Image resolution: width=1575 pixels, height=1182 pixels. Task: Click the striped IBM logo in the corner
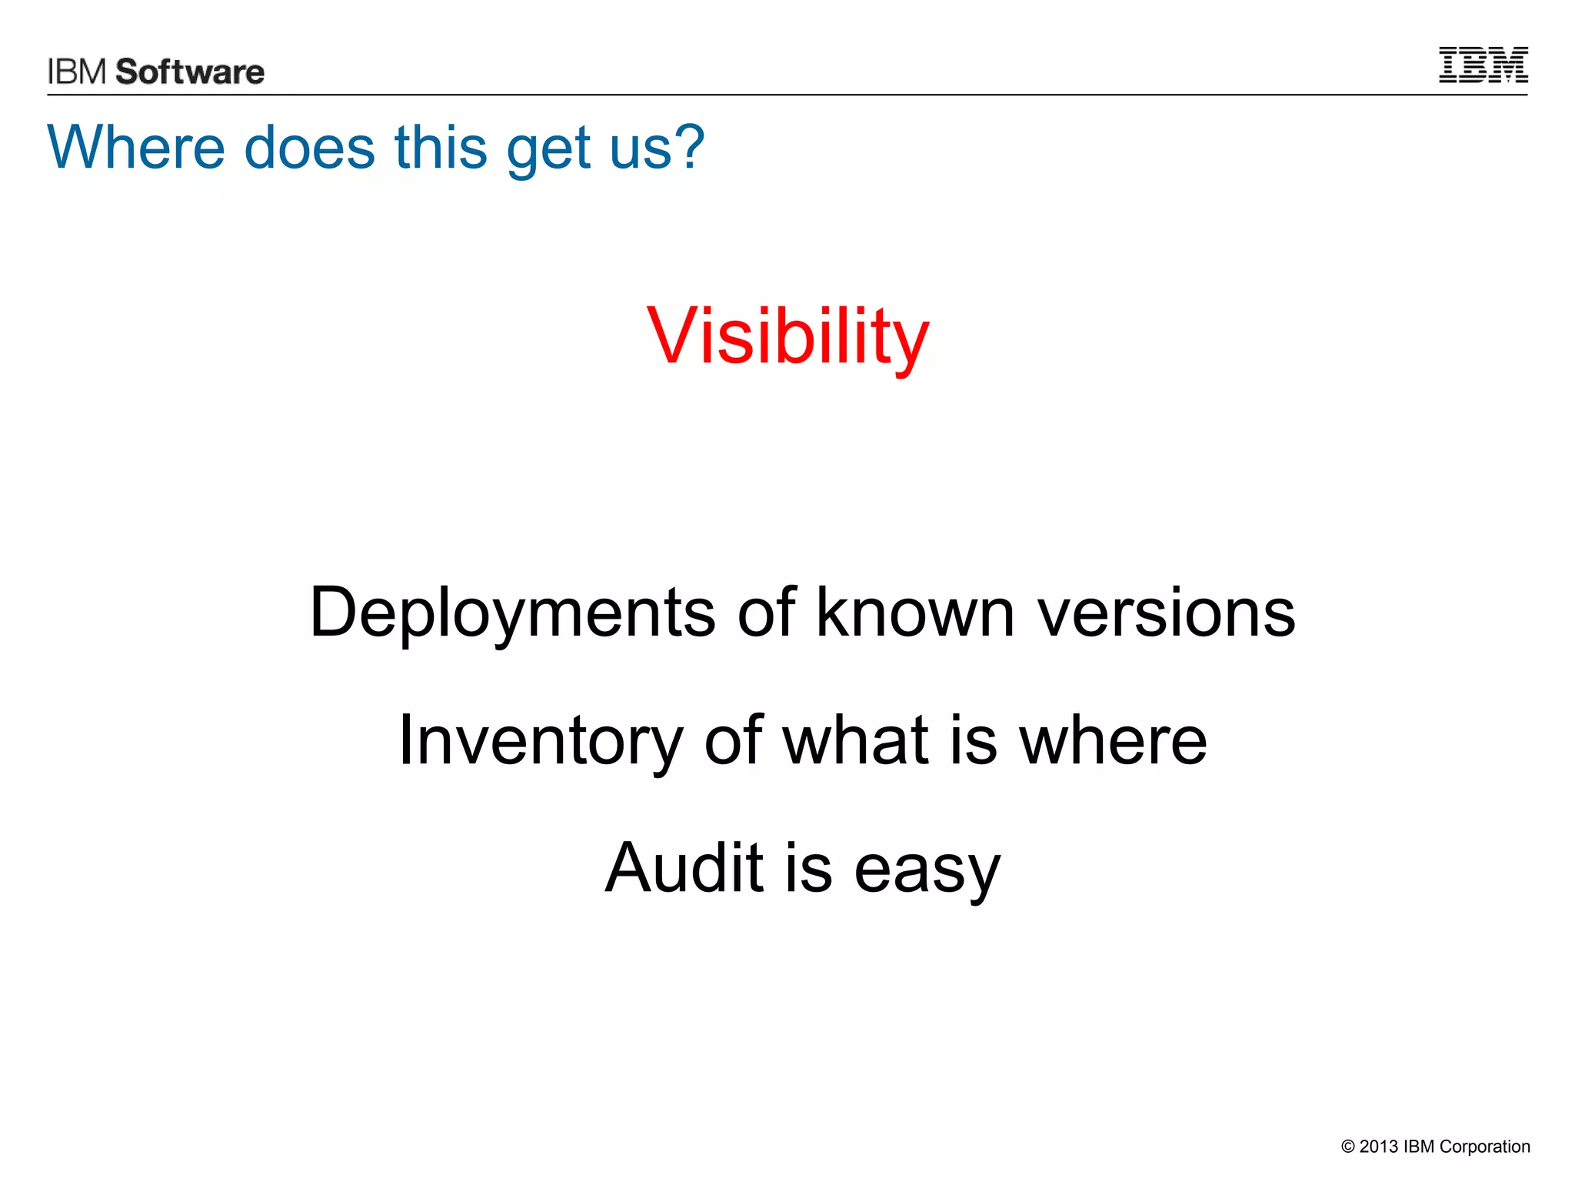pyautogui.click(x=1483, y=65)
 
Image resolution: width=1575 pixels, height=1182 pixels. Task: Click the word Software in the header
pyautogui.click(x=190, y=72)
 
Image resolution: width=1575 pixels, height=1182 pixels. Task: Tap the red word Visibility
pyautogui.click(x=788, y=337)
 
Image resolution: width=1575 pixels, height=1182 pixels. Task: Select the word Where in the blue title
pyautogui.click(x=135, y=147)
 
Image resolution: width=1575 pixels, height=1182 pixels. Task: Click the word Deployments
pyautogui.click(x=512, y=613)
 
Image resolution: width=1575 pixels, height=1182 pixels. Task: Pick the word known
pyautogui.click(x=915, y=613)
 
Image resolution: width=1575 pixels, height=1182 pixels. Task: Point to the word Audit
pyautogui.click(x=683, y=868)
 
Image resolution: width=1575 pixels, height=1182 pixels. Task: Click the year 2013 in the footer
pyautogui.click(x=1378, y=1147)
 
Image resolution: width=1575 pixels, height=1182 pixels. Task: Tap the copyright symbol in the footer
pyautogui.click(x=1347, y=1147)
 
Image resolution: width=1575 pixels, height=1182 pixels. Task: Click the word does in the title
pyautogui.click(x=309, y=147)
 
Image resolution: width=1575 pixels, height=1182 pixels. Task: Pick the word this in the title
pyautogui.click(x=441, y=147)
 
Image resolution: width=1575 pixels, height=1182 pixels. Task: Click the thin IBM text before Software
pyautogui.click(x=77, y=72)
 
